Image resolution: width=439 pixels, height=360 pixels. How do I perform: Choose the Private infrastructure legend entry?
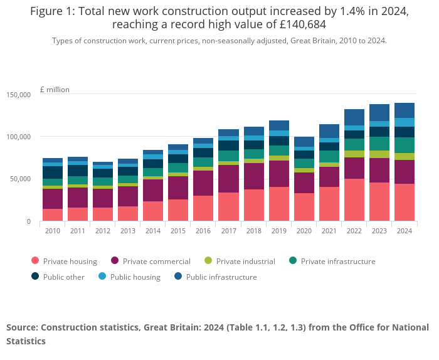[x=332, y=262]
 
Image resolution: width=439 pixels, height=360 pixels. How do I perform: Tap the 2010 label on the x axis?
[x=53, y=231]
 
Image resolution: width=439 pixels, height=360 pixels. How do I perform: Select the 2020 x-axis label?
[x=304, y=231]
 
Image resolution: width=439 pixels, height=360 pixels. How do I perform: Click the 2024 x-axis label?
[x=404, y=231]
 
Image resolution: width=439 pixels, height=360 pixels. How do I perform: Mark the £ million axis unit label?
[x=55, y=90]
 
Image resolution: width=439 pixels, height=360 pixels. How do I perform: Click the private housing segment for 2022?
[x=354, y=200]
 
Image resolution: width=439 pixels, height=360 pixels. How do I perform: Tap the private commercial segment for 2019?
[x=278, y=174]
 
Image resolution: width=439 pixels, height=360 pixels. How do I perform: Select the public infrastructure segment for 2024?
[x=404, y=110]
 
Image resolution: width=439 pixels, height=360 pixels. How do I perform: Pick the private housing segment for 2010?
[x=53, y=215]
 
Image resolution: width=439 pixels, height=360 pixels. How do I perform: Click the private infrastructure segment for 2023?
[x=379, y=144]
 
